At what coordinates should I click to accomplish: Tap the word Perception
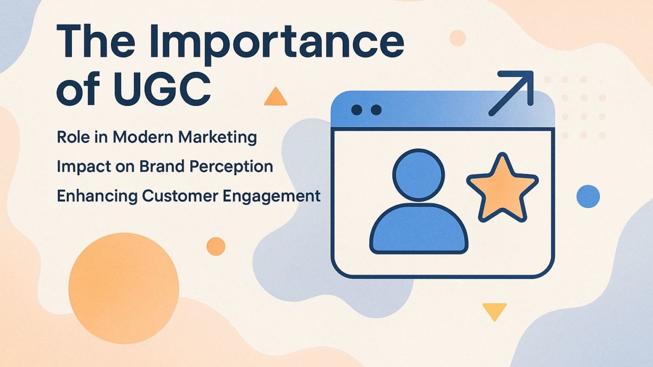coord(235,167)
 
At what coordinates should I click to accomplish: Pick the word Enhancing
coord(92,196)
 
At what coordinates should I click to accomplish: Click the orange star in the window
coord(502,186)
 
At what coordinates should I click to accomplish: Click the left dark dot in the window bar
coord(356,110)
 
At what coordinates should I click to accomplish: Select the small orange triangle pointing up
coord(275,97)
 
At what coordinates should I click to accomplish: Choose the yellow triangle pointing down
coord(494,310)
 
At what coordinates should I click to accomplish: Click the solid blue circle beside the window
coord(588,196)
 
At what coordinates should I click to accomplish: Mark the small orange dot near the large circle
coord(216,246)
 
